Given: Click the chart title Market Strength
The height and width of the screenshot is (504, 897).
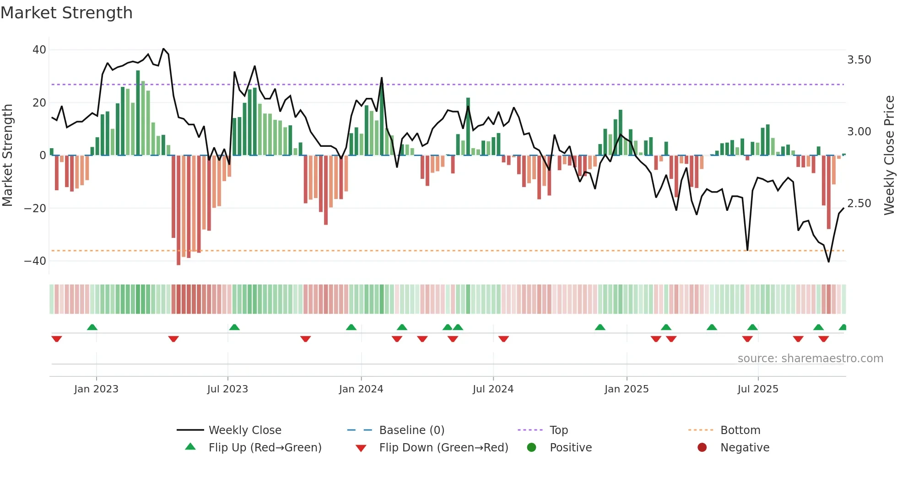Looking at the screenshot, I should tap(66, 13).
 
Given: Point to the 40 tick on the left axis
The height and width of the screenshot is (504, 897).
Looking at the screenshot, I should tap(39, 49).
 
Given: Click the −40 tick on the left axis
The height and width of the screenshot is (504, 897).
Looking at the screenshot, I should tap(35, 261).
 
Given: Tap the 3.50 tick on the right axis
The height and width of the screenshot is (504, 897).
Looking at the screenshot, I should tap(859, 60).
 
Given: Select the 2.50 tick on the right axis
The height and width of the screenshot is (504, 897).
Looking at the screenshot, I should tap(859, 204).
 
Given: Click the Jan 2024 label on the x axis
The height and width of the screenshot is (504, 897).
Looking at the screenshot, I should tap(361, 389).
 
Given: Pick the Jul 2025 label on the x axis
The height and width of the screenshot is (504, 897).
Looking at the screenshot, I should tap(757, 389).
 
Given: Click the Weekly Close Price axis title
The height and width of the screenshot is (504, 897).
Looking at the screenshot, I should tap(889, 155).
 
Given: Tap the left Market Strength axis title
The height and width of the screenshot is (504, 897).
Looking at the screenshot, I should tap(8, 155).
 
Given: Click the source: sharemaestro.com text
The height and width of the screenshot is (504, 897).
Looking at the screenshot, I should tap(810, 359).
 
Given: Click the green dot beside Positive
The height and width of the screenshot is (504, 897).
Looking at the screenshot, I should tap(531, 447).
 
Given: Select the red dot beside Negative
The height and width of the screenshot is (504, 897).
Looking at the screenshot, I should tap(702, 447).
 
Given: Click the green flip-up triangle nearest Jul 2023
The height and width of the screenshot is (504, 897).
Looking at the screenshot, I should tap(234, 327).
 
